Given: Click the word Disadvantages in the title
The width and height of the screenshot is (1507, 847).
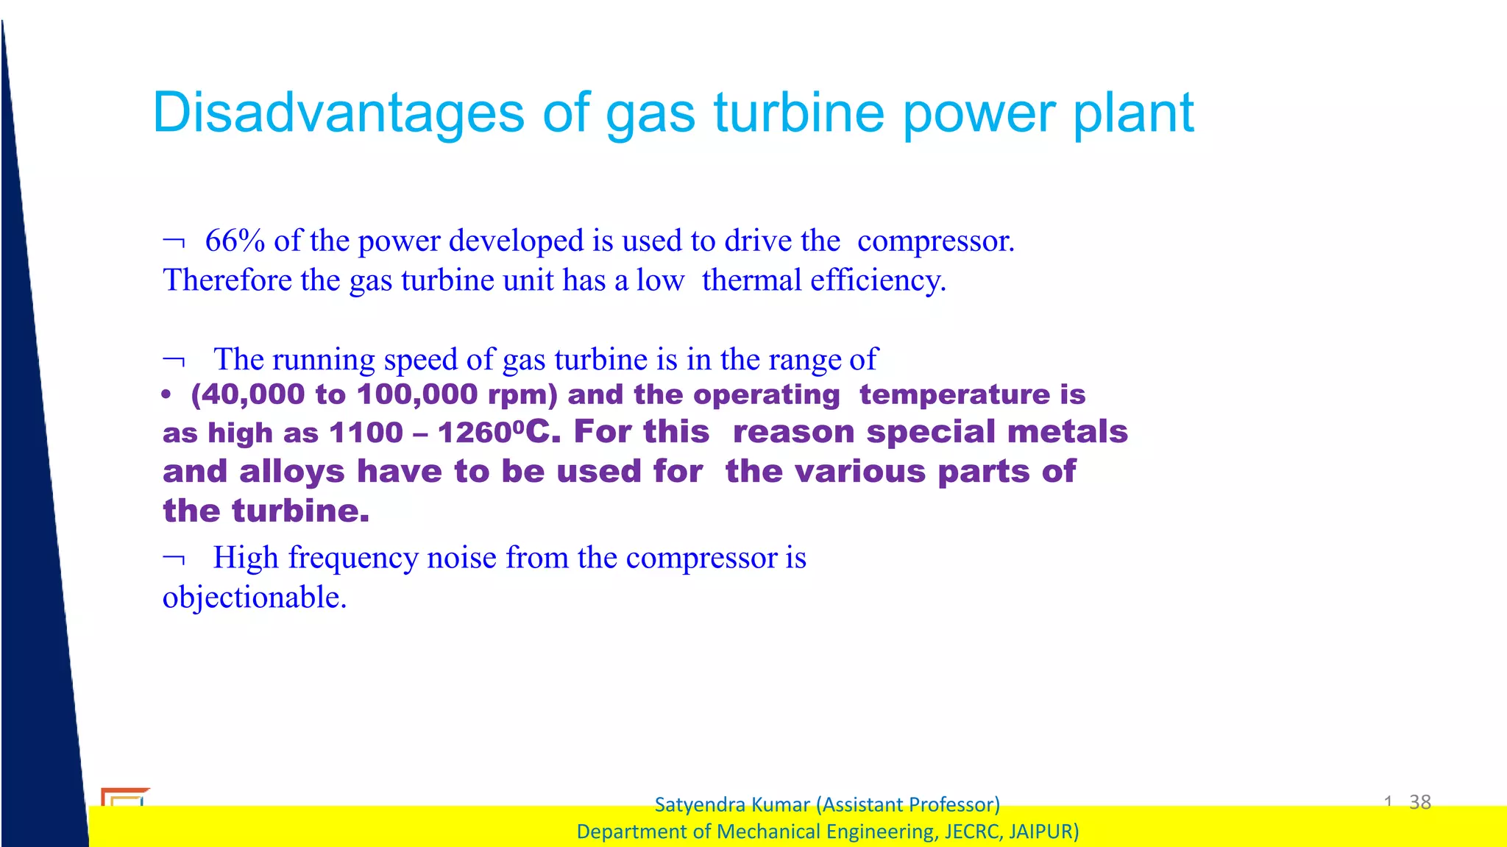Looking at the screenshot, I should (x=338, y=113).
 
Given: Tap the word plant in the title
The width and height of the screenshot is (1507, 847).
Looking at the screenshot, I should (x=1133, y=114).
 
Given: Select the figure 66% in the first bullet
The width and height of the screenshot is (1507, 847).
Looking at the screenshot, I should (x=235, y=241).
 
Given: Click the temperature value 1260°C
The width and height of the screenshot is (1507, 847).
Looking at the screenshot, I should (x=494, y=432).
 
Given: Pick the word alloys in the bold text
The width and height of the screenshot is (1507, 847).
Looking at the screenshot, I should (x=291, y=471).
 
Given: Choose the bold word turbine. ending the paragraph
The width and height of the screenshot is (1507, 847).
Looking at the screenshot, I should (x=300, y=511).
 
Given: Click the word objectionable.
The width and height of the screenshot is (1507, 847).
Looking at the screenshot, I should (x=254, y=597).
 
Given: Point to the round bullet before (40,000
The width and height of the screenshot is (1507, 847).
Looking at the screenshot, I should (x=166, y=395).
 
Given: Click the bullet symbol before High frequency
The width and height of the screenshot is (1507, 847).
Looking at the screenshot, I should (x=174, y=559).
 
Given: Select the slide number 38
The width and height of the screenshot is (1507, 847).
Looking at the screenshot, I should (x=1419, y=801).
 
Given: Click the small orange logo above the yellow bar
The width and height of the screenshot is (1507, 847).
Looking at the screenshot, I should (x=124, y=796).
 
